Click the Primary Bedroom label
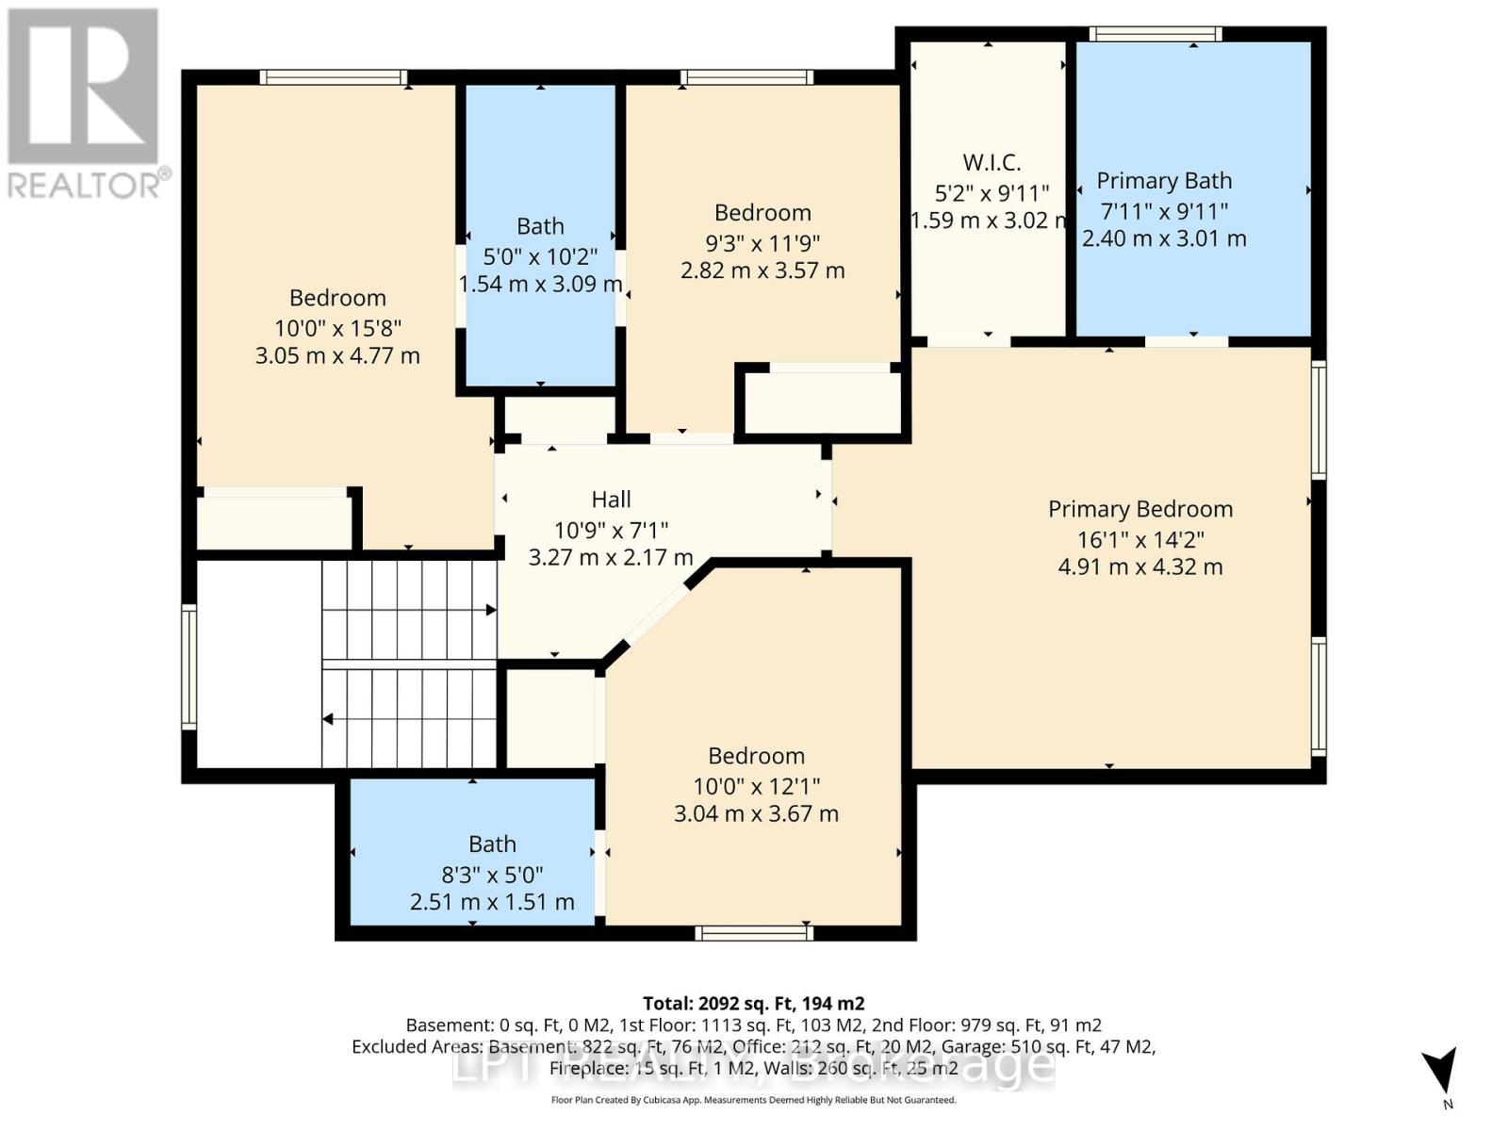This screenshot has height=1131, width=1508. click(1140, 509)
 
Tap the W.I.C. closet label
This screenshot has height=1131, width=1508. click(992, 162)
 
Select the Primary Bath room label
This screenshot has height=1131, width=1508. click(1164, 181)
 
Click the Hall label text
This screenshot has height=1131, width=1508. click(611, 500)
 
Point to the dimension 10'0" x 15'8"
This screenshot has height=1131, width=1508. click(337, 328)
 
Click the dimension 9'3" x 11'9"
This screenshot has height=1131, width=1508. click(762, 243)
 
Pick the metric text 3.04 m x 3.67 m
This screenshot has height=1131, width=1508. click(756, 813)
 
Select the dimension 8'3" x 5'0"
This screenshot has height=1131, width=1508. click(492, 875)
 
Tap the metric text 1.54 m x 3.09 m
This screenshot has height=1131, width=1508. click(540, 284)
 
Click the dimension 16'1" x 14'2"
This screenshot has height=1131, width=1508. click(1140, 540)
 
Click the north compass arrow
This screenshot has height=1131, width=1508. click(1439, 1073)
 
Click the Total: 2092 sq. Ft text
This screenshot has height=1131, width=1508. click(753, 1004)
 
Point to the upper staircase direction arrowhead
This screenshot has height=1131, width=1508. click(491, 611)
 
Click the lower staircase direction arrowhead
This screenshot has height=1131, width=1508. click(328, 719)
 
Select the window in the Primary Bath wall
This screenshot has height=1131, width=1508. click(1156, 35)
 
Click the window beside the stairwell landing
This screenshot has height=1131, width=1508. click(188, 666)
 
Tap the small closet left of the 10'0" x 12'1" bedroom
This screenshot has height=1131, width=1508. click(550, 718)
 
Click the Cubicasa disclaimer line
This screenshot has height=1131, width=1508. click(753, 1100)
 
